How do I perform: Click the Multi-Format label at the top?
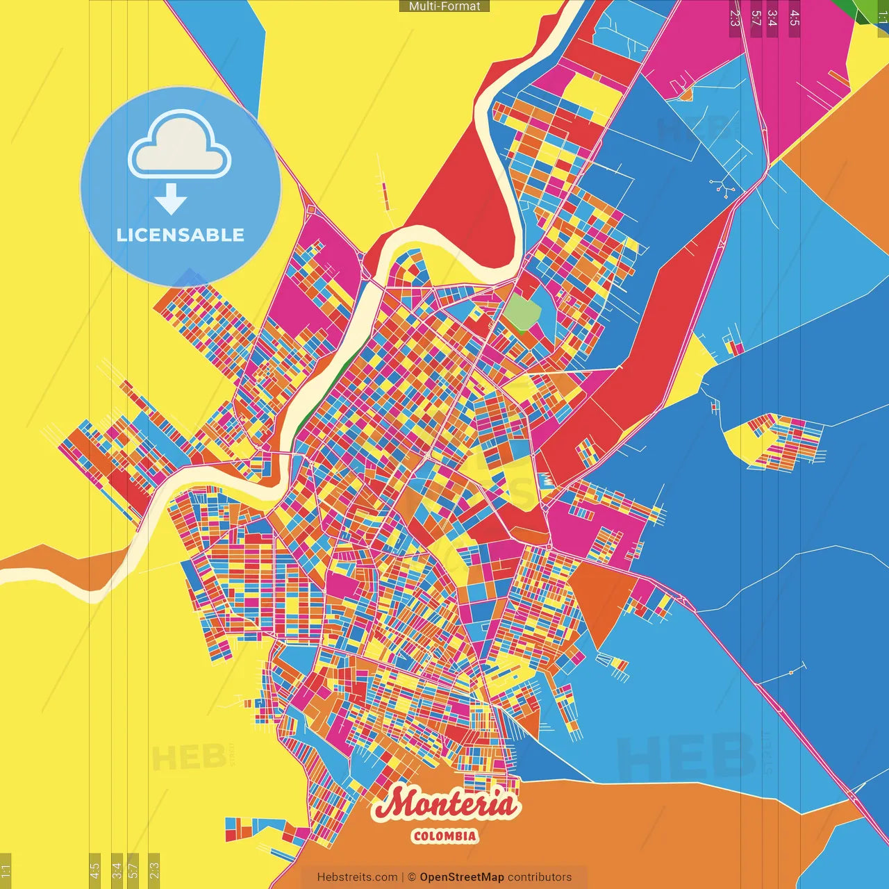pos(444,6)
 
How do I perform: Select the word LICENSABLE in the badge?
pos(181,235)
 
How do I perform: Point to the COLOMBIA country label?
pos(445,836)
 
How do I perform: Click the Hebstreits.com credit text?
pos(357,877)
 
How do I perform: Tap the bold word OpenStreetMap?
pos(462,877)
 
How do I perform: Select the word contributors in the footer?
pos(540,877)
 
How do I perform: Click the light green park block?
pos(522,313)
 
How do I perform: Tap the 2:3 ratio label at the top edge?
pos(734,17)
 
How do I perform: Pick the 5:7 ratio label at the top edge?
pos(756,17)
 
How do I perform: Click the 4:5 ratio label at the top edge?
pos(794,17)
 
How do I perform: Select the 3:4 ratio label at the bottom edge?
pos(117,869)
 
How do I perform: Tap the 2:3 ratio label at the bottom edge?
pos(154,869)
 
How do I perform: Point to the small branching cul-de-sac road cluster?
pos(722,187)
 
